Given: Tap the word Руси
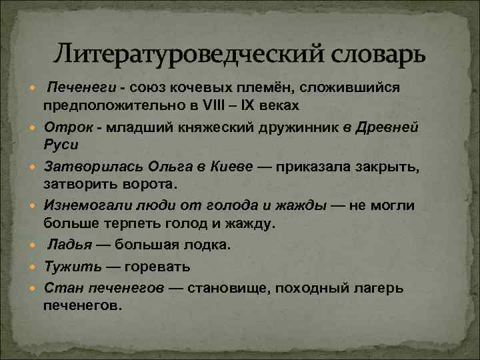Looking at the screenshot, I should pos(61,144).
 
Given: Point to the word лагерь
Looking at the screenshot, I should pos(375,289).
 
